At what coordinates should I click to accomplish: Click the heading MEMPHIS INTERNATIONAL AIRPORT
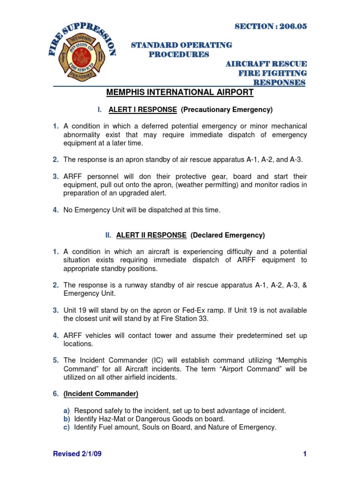(180, 92)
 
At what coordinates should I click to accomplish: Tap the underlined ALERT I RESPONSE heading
(142, 110)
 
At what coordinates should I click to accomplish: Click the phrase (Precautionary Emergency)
(226, 110)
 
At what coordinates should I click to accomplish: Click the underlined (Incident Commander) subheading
(101, 394)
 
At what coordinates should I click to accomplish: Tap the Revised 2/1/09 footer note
(75, 454)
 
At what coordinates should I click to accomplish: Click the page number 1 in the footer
(305, 454)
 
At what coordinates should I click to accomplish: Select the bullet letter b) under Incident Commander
(67, 419)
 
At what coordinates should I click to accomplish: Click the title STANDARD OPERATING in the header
(181, 45)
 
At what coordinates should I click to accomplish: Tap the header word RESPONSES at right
(279, 82)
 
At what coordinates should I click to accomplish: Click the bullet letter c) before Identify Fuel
(67, 427)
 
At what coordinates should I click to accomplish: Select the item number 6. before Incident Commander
(55, 394)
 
